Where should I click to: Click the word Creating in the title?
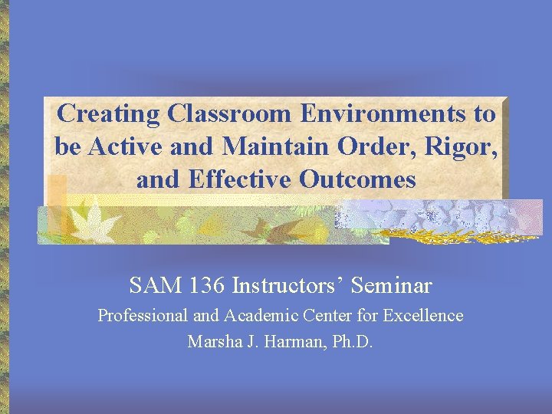coord(110,114)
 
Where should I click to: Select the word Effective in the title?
coord(238,180)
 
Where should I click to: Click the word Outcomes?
coord(358,180)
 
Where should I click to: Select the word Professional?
coord(143,316)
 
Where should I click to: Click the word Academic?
coord(258,316)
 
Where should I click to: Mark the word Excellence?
coord(423,316)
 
